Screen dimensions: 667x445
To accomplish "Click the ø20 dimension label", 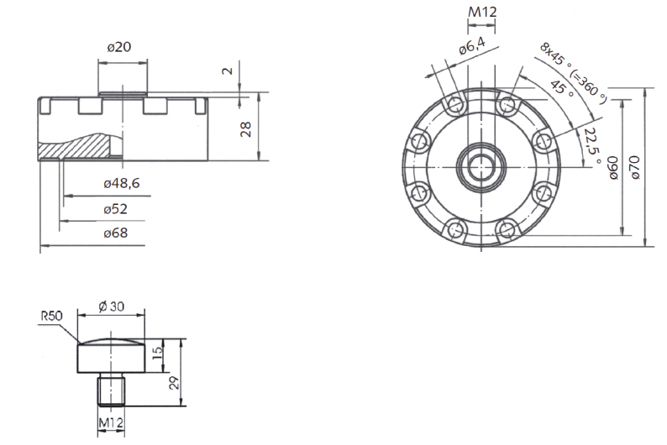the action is [x=119, y=47].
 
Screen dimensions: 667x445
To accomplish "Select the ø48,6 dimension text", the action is [x=122, y=183].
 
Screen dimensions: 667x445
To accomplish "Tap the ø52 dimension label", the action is [x=116, y=209].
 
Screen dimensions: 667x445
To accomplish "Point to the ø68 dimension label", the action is [x=116, y=233].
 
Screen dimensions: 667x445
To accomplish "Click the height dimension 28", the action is [x=246, y=129].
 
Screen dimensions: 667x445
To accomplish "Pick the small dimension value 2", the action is [x=228, y=71].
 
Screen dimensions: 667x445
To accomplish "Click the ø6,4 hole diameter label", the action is [x=472, y=46].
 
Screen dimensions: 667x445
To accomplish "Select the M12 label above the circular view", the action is [x=482, y=12].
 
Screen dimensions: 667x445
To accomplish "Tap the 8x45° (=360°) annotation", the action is [x=573, y=73].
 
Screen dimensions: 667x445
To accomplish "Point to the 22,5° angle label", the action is [x=592, y=146].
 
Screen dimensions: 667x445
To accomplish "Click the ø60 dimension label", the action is [x=612, y=167].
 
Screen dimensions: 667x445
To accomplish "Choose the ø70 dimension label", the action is [x=635, y=167].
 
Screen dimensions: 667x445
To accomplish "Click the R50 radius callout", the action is [x=51, y=316].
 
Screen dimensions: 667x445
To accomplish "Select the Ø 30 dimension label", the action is [x=111, y=306].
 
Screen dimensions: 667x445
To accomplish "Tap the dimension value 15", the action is [x=157, y=351].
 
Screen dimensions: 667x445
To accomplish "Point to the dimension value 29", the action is [x=174, y=383].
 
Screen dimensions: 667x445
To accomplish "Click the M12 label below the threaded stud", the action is [x=111, y=422].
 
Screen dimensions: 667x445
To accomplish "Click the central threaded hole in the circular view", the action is [x=481, y=165].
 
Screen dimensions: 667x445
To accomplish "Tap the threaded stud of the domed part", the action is [x=112, y=390].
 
